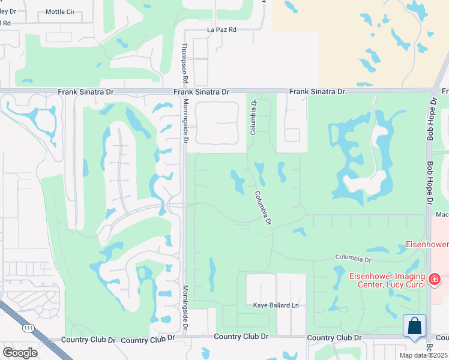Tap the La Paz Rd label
coord(221,29)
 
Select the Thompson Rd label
coord(185,62)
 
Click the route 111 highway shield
coord(28,328)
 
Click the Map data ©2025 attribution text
coord(424,355)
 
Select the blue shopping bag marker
coord(415,327)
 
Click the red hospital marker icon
coord(435,280)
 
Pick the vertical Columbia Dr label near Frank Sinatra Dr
coord(253,117)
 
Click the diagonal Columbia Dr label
coord(263,208)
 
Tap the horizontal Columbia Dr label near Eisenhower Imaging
coord(354,259)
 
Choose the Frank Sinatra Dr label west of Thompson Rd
coord(86,92)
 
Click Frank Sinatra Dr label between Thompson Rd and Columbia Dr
coord(202,92)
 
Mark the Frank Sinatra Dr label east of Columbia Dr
coord(317,92)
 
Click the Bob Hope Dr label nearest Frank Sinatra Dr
coord(430,121)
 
